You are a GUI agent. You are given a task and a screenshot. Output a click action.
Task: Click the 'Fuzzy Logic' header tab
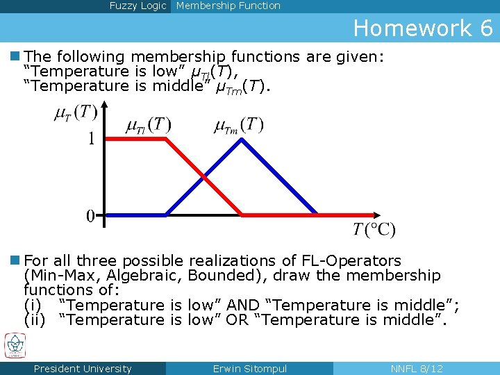coord(137,6)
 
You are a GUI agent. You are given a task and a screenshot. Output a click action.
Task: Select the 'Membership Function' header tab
coord(228,6)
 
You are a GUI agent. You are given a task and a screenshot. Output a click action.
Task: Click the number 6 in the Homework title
coord(485,28)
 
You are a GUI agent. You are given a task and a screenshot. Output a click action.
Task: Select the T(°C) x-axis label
coord(374,229)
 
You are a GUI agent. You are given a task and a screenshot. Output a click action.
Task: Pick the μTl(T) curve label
coord(148,126)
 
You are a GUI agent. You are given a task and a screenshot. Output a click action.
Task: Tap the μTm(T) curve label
coord(239,126)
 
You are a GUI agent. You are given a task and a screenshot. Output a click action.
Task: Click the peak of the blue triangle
coord(242,139)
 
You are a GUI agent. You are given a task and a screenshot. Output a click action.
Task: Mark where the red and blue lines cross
coord(204,176)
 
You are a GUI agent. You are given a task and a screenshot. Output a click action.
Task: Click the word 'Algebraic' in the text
coord(147,276)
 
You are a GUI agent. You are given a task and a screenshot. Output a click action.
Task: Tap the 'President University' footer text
coord(83,369)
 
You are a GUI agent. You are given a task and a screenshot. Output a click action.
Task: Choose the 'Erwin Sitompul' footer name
coord(249,369)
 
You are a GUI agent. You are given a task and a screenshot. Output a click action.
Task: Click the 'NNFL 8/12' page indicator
coord(417,369)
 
